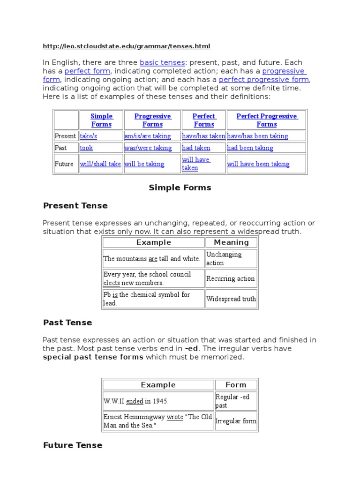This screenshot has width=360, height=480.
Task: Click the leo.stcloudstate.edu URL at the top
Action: (127, 46)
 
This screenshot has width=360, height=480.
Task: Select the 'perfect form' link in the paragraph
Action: (87, 71)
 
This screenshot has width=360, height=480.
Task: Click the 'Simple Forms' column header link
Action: (101, 120)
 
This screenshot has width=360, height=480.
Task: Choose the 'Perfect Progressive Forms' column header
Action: (266, 120)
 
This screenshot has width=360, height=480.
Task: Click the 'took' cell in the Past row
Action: (86, 148)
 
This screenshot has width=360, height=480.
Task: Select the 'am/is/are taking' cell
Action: (148, 136)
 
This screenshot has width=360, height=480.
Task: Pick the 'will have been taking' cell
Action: (258, 164)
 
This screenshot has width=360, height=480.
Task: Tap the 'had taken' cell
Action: (196, 148)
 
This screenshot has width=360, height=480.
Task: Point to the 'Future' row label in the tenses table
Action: (64, 164)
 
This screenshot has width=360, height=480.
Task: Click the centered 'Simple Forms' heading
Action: (180, 188)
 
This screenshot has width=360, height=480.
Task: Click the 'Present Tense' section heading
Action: (75, 206)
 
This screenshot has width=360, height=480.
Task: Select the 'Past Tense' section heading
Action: (67, 323)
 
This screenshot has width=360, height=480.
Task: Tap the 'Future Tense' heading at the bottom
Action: (73, 445)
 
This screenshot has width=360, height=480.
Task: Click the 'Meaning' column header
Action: (231, 242)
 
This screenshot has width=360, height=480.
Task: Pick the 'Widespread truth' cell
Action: (231, 299)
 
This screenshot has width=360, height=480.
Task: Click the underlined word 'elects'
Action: (112, 283)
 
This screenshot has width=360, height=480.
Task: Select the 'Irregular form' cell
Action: (236, 421)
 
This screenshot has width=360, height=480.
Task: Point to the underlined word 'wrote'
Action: (175, 417)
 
